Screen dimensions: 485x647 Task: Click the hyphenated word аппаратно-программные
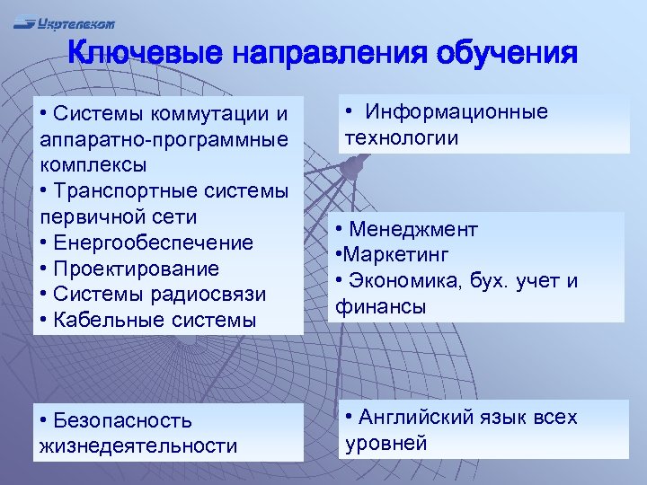click(x=164, y=140)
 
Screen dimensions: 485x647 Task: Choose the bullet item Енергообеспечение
click(x=153, y=243)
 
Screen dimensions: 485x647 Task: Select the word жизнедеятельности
click(x=137, y=445)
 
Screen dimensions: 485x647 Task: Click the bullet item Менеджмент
click(x=413, y=230)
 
